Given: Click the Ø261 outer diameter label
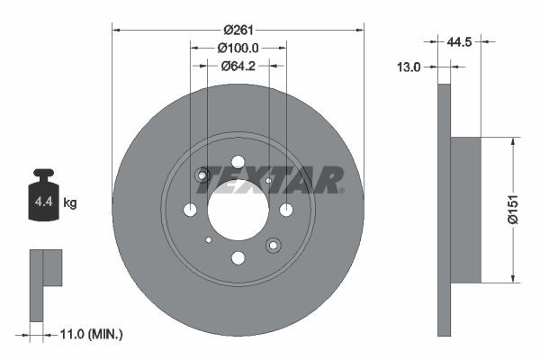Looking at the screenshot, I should click(x=238, y=30).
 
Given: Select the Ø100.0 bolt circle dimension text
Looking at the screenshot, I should click(x=238, y=48).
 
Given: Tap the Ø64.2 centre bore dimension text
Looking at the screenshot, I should click(x=238, y=66).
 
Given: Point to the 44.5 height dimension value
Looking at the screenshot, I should click(x=461, y=40).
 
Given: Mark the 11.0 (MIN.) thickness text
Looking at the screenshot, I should click(x=89, y=334).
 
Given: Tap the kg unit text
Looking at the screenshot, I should click(x=70, y=202).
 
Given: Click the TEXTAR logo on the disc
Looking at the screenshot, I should click(x=270, y=180).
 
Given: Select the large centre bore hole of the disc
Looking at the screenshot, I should click(x=238, y=210).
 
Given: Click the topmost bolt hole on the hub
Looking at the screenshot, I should click(x=238, y=162).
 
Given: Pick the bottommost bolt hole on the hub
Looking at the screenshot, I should click(x=238, y=258).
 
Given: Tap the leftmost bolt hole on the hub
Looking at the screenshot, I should click(x=190, y=210).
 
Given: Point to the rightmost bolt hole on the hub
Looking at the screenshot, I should click(x=286, y=210).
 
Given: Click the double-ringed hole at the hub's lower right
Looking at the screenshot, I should click(x=273, y=244).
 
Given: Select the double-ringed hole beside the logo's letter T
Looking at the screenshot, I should click(x=203, y=175).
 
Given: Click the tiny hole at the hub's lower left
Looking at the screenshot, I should click(x=209, y=239).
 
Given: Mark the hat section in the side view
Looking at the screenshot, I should click(x=465, y=209).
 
